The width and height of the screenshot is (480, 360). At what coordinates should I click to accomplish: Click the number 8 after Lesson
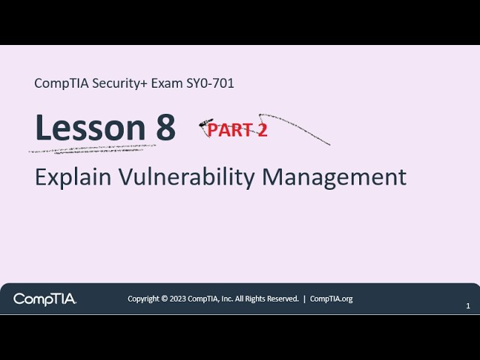coord(166,128)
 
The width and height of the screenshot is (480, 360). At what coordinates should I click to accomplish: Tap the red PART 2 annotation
coord(237,130)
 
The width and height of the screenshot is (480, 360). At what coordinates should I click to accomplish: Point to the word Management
coord(334,177)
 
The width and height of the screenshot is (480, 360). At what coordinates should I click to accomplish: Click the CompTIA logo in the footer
coord(44,299)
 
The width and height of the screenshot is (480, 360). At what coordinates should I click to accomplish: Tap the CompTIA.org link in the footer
coord(331,298)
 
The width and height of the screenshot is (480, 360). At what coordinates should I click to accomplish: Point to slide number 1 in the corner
coord(468,306)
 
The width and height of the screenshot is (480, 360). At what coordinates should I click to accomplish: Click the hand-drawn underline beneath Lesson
coord(90,148)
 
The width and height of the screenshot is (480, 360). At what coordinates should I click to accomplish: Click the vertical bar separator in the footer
coord(304,298)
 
